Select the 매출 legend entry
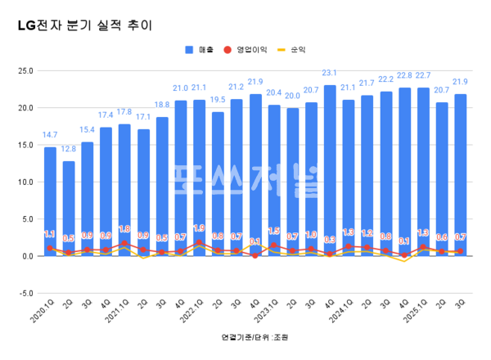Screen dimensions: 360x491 [200, 50]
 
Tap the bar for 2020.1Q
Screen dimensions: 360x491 [50, 201]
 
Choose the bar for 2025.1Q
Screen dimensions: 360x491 [423, 172]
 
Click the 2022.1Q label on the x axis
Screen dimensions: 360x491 [195, 315]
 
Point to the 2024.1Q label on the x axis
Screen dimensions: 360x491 [344, 315]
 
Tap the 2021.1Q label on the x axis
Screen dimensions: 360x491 [119, 315]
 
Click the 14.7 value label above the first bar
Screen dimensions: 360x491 [50, 135]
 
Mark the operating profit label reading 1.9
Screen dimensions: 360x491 [199, 228]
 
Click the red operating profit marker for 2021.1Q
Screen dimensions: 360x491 [124, 243]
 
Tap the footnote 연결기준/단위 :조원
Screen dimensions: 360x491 [255, 337]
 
